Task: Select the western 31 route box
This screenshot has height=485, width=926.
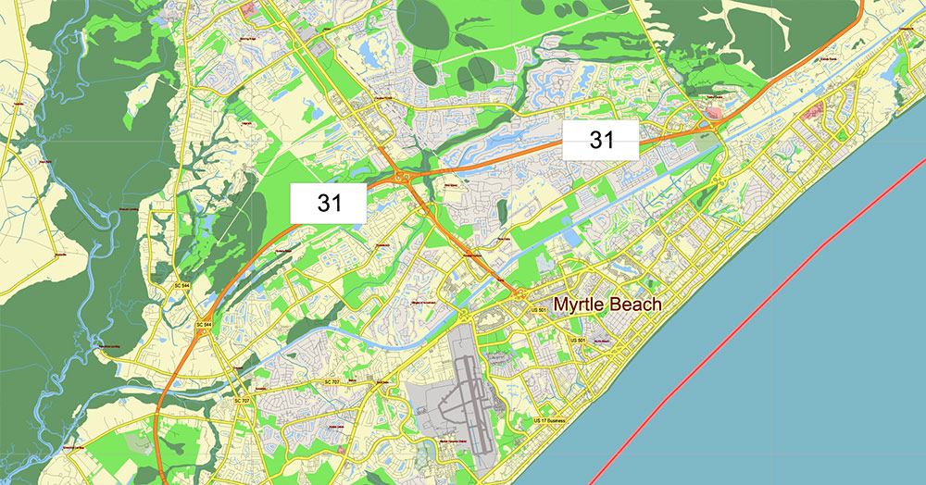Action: pyautogui.click(x=330, y=204)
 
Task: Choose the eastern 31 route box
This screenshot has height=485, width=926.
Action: pyautogui.click(x=602, y=140)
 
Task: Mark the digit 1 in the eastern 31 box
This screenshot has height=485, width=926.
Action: pyautogui.click(x=609, y=140)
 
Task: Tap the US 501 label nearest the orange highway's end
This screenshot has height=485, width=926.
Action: pyautogui.click(x=538, y=309)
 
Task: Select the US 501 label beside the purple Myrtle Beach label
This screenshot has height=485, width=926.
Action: pyautogui.click(x=579, y=342)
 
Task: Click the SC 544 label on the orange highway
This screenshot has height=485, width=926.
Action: pyautogui.click(x=204, y=325)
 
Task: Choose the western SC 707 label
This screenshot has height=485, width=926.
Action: pyautogui.click(x=242, y=400)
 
